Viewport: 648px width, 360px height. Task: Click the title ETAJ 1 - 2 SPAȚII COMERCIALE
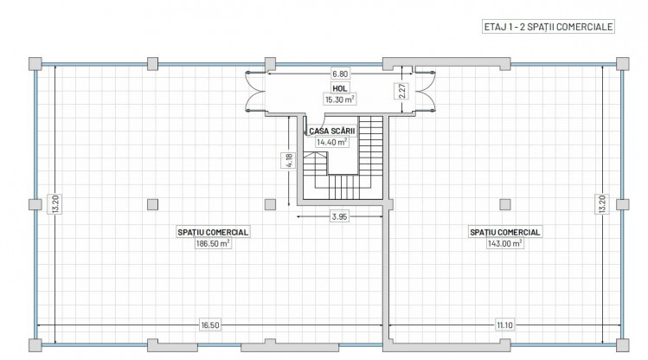(x=548, y=27)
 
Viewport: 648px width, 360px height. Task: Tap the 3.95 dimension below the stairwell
(x=339, y=217)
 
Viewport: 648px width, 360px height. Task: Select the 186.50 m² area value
(x=212, y=244)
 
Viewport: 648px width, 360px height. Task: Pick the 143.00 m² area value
(x=505, y=244)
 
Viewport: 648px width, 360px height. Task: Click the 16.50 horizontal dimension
(x=209, y=325)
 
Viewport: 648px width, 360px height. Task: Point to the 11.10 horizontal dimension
(x=502, y=325)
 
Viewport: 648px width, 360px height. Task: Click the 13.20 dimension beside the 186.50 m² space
(x=55, y=204)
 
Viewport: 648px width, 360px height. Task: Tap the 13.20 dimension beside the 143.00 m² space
(x=601, y=204)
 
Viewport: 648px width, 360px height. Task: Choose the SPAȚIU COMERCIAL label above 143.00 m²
(x=505, y=232)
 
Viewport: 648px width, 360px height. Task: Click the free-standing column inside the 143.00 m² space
(x=504, y=203)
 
